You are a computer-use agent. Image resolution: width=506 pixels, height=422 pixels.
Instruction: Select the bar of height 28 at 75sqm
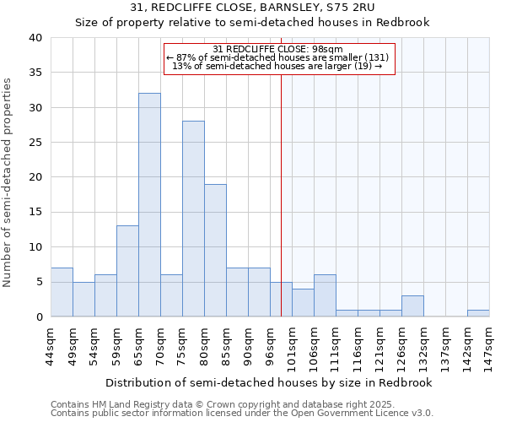coord(193,219)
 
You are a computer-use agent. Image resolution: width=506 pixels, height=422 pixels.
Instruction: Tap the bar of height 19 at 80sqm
coord(215,250)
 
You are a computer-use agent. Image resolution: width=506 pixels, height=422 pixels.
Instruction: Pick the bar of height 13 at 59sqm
coord(127,271)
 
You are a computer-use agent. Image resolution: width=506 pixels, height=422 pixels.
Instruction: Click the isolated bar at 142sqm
coord(478,313)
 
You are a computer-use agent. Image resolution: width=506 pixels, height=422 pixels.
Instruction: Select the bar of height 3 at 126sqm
coord(412,306)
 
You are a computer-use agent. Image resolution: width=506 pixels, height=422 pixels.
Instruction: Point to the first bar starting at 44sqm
coord(62,292)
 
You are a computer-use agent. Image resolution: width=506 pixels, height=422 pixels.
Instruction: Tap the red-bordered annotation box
coord(278,57)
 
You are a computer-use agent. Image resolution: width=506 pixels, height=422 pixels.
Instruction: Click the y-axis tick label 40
coord(35,38)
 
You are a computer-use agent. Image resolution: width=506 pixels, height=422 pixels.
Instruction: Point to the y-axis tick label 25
coord(35,143)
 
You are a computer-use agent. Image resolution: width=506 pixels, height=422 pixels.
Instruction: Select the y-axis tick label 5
coord(38,282)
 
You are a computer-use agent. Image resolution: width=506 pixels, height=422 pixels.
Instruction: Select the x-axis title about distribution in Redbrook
coord(270,382)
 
